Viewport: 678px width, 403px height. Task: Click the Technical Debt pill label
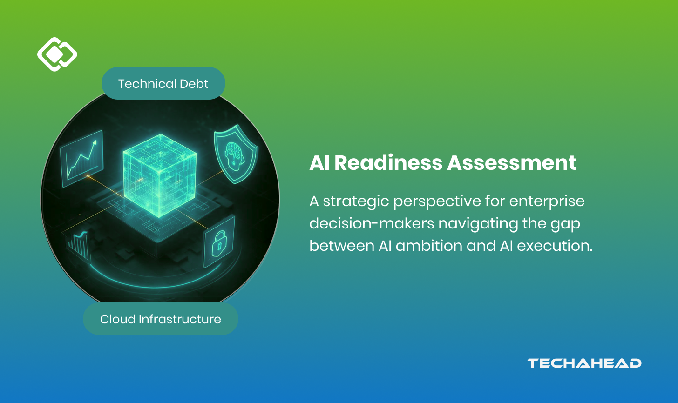(x=163, y=83)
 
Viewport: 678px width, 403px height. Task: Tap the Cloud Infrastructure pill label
(x=160, y=319)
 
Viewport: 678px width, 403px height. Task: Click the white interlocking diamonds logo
(x=57, y=54)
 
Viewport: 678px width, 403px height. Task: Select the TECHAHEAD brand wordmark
(x=584, y=363)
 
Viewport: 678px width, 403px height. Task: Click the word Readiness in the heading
(x=388, y=163)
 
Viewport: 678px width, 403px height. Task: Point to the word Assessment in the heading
(x=512, y=163)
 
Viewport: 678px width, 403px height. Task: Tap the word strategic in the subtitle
(x=356, y=201)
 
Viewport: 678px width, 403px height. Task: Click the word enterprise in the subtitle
(x=547, y=201)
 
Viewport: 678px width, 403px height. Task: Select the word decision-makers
(x=372, y=223)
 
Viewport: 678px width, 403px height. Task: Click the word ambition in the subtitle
(x=429, y=245)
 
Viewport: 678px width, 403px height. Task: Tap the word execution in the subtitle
(x=555, y=245)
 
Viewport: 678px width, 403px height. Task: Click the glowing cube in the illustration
(x=160, y=175)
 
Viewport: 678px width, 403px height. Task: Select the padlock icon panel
(x=219, y=242)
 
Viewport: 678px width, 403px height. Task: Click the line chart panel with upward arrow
(x=82, y=159)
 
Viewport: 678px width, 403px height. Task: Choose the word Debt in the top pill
(x=194, y=83)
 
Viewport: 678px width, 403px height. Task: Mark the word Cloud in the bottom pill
(x=117, y=319)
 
